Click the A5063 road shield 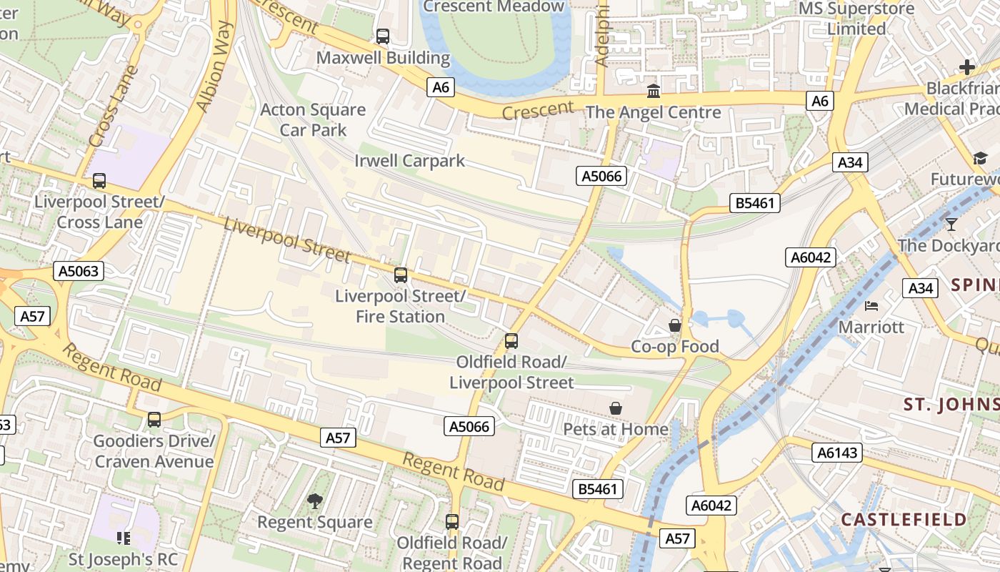(79, 271)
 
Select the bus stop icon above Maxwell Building (383, 36)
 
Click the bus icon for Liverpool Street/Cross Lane (99, 181)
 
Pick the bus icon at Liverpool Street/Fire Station (401, 275)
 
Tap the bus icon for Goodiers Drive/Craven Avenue (154, 420)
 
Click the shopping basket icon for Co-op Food (674, 326)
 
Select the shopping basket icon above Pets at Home (616, 408)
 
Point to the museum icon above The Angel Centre (653, 92)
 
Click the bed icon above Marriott (871, 306)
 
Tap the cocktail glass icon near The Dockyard (951, 225)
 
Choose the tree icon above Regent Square (314, 501)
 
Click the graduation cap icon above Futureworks (979, 158)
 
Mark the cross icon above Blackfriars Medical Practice (967, 67)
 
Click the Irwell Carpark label (409, 161)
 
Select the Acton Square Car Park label (313, 120)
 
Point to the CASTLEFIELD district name (904, 520)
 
